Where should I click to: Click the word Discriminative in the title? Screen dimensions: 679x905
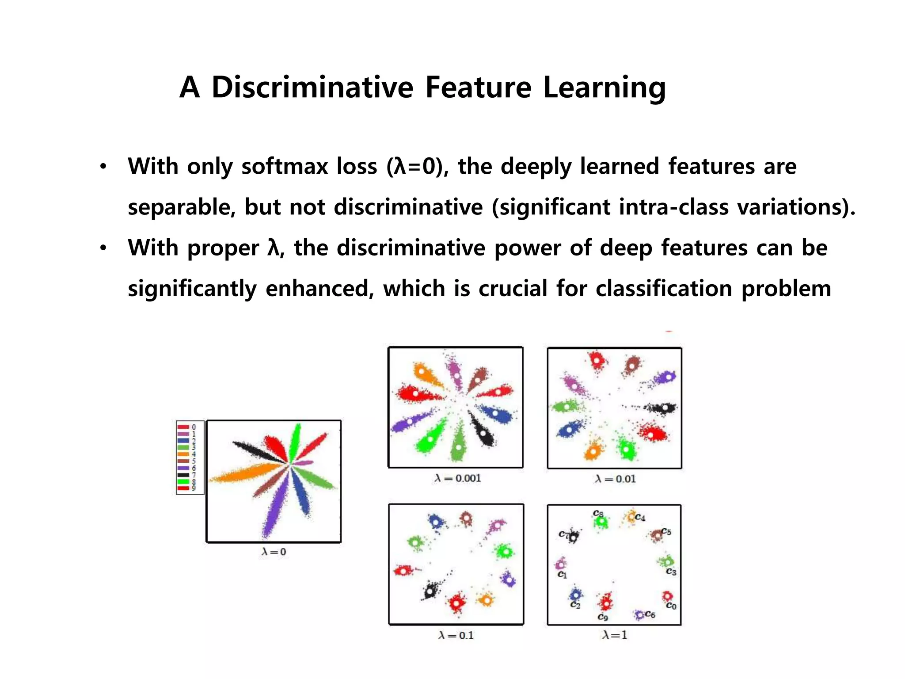pyautogui.click(x=312, y=87)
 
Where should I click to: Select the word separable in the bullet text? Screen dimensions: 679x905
pyautogui.click(x=181, y=207)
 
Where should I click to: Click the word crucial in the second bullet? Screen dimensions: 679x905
pyautogui.click(x=513, y=289)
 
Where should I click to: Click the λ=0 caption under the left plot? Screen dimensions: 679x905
pyautogui.click(x=274, y=552)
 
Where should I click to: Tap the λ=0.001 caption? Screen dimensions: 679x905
pyautogui.click(x=457, y=478)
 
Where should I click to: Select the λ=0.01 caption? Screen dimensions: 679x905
pyautogui.click(x=615, y=479)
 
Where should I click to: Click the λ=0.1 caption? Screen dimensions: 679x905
pyautogui.click(x=456, y=635)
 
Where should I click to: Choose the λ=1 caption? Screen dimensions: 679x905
pyautogui.click(x=614, y=635)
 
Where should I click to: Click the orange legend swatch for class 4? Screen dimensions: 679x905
pyautogui.click(x=183, y=454)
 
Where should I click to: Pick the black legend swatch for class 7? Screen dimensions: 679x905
pyautogui.click(x=183, y=475)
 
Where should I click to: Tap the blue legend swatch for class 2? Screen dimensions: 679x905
pyautogui.click(x=183, y=441)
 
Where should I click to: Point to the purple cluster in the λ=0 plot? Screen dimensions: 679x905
pyautogui.click(x=274, y=508)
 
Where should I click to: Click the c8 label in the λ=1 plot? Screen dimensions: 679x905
pyautogui.click(x=597, y=513)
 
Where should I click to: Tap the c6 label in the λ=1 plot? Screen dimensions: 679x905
pyautogui.click(x=650, y=614)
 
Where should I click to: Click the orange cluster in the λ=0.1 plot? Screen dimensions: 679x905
pyautogui.click(x=486, y=600)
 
